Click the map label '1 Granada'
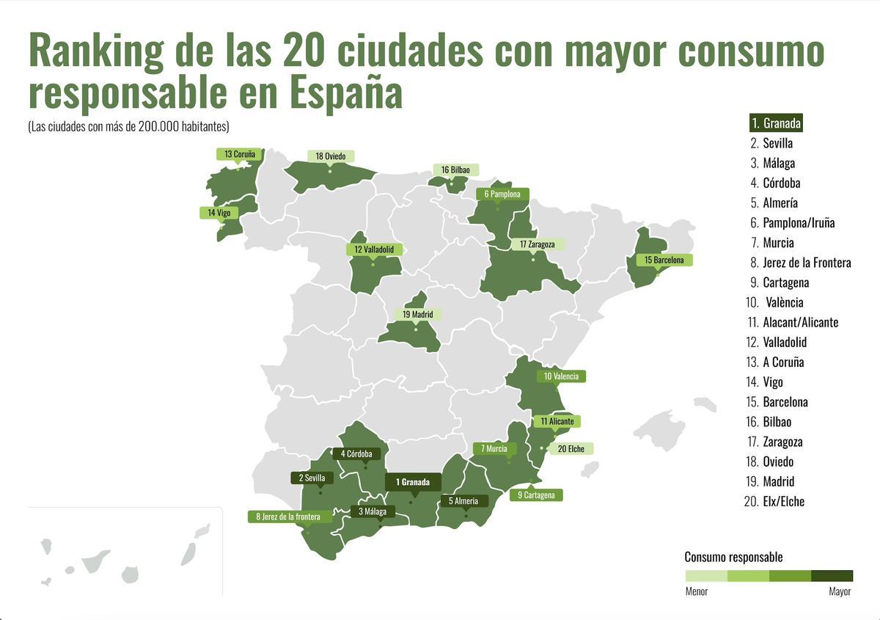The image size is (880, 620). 413,482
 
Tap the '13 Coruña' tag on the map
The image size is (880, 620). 239,154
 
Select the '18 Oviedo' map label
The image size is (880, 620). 330,156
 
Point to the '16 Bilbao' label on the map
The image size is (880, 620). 455,169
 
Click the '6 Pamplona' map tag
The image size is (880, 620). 502,194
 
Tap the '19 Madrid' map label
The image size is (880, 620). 417,315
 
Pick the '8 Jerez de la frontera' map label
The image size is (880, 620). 287,517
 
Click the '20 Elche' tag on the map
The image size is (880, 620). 571,448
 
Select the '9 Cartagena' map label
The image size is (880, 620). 536,495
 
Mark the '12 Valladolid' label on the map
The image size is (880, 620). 374,249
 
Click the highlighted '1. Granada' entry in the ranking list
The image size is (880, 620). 776,123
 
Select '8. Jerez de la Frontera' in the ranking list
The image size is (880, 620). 801,263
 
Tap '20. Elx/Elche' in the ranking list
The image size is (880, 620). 777,502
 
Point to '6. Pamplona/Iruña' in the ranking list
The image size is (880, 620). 793,223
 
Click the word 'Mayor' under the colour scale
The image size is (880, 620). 840,591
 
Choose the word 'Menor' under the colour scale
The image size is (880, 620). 697,591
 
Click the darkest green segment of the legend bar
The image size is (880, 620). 832,576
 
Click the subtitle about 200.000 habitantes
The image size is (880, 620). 129,126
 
